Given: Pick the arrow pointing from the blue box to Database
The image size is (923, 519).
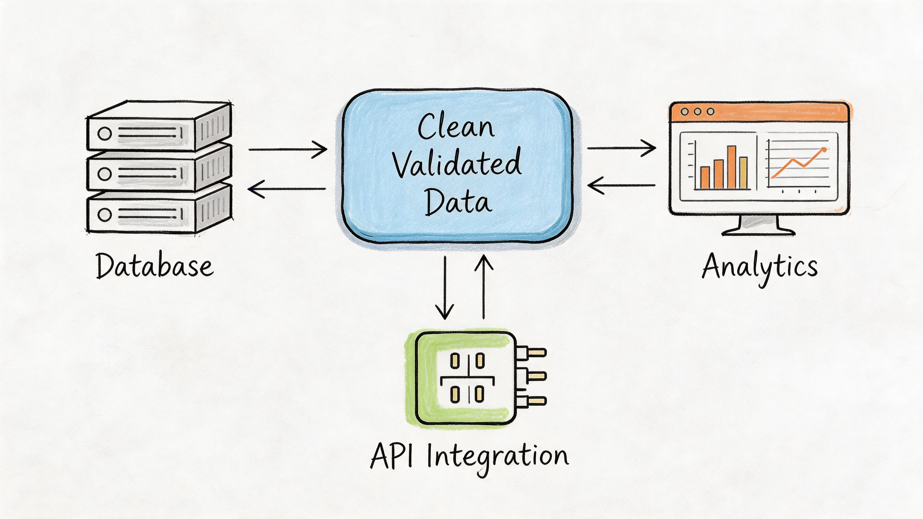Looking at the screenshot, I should click(x=287, y=189).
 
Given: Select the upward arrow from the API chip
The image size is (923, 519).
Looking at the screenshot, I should click(x=484, y=287).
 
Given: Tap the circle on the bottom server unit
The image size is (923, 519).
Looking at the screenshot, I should click(x=105, y=214).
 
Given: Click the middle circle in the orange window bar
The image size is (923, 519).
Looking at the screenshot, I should click(x=697, y=112).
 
